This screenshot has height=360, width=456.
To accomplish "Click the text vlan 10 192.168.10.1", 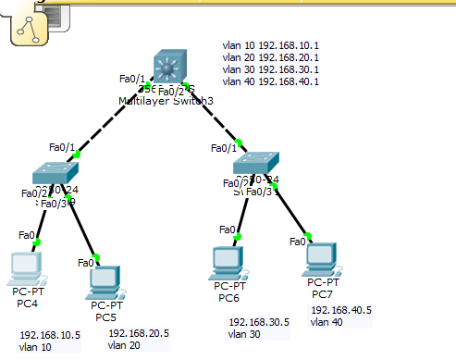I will pyautogui.click(x=270, y=43).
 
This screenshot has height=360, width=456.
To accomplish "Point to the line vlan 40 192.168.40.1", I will pyautogui.click(x=270, y=81).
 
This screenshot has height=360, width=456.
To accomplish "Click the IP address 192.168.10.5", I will pyautogui.click(x=50, y=336).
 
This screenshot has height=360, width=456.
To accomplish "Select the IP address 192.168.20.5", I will pyautogui.click(x=139, y=332).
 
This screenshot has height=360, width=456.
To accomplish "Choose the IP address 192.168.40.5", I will pyautogui.click(x=341, y=310).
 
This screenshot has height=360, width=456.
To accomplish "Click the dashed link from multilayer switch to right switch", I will pyautogui.click(x=214, y=117).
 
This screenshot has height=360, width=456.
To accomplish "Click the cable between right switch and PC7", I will pyautogui.click(x=290, y=214).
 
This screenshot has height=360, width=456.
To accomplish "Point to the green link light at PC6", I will pyautogui.click(x=238, y=237).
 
